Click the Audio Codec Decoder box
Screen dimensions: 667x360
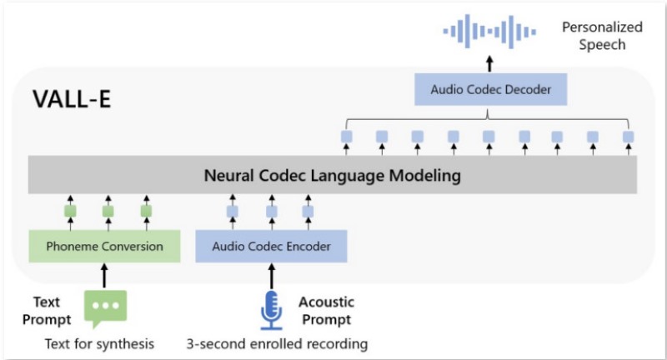490,89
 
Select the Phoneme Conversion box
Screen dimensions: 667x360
105,246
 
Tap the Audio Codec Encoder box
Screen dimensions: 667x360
272,246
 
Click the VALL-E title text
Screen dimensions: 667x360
72,99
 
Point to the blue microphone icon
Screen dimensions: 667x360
272,310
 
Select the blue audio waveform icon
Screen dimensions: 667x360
489,32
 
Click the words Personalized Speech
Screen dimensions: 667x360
602,36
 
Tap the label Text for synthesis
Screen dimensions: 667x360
99,343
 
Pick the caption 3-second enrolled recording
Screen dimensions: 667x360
277,343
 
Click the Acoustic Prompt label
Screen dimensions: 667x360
326,311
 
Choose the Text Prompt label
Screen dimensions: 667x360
47,311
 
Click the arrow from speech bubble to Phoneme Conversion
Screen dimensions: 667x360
104,275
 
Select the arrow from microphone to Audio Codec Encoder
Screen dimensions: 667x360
272,276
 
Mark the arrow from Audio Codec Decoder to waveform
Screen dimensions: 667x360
489,64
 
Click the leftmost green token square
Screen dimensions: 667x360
70,211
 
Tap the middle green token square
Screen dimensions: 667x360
108,211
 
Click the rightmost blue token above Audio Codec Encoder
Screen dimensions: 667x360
308,212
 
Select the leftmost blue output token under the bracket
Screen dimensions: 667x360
347,137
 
